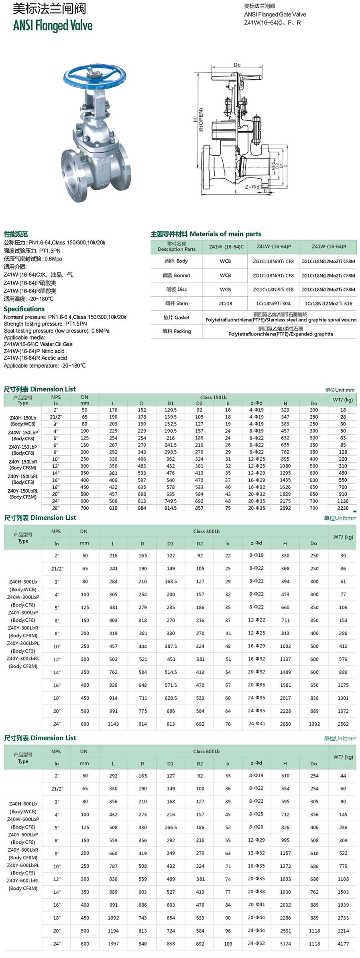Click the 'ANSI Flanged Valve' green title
[53, 26]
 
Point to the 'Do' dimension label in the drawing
[237, 65]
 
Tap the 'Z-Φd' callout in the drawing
[253, 187]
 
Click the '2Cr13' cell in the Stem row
[225, 303]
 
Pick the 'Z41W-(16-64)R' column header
[329, 246]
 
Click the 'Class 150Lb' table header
[213, 397]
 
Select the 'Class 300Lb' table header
[206, 531]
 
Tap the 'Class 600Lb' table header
[206, 751]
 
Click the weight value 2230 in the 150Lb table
[343, 508]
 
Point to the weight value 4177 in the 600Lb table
[343, 944]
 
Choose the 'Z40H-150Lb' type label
[23, 418]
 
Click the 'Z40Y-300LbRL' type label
[23, 659]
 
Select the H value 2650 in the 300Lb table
[285, 724]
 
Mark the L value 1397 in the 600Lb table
[113, 944]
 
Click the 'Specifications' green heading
[24, 309]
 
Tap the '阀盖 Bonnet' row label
[176, 275]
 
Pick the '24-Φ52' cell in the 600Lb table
[256, 943]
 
